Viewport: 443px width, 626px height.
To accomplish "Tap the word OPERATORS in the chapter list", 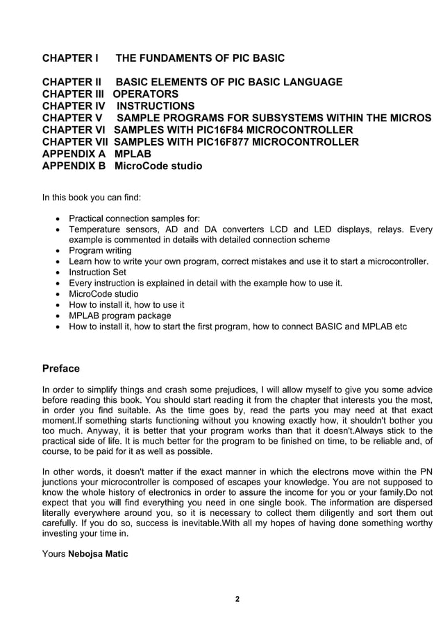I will (x=146, y=94).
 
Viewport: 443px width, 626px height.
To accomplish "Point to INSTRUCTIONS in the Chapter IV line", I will (x=156, y=106).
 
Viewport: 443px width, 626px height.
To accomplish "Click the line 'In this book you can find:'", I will (x=92, y=198).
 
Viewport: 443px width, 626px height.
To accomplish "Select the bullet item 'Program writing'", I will (x=100, y=250).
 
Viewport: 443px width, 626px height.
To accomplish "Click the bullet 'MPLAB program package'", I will (x=119, y=315).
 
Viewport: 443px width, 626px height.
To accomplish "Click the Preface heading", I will (x=61, y=368).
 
